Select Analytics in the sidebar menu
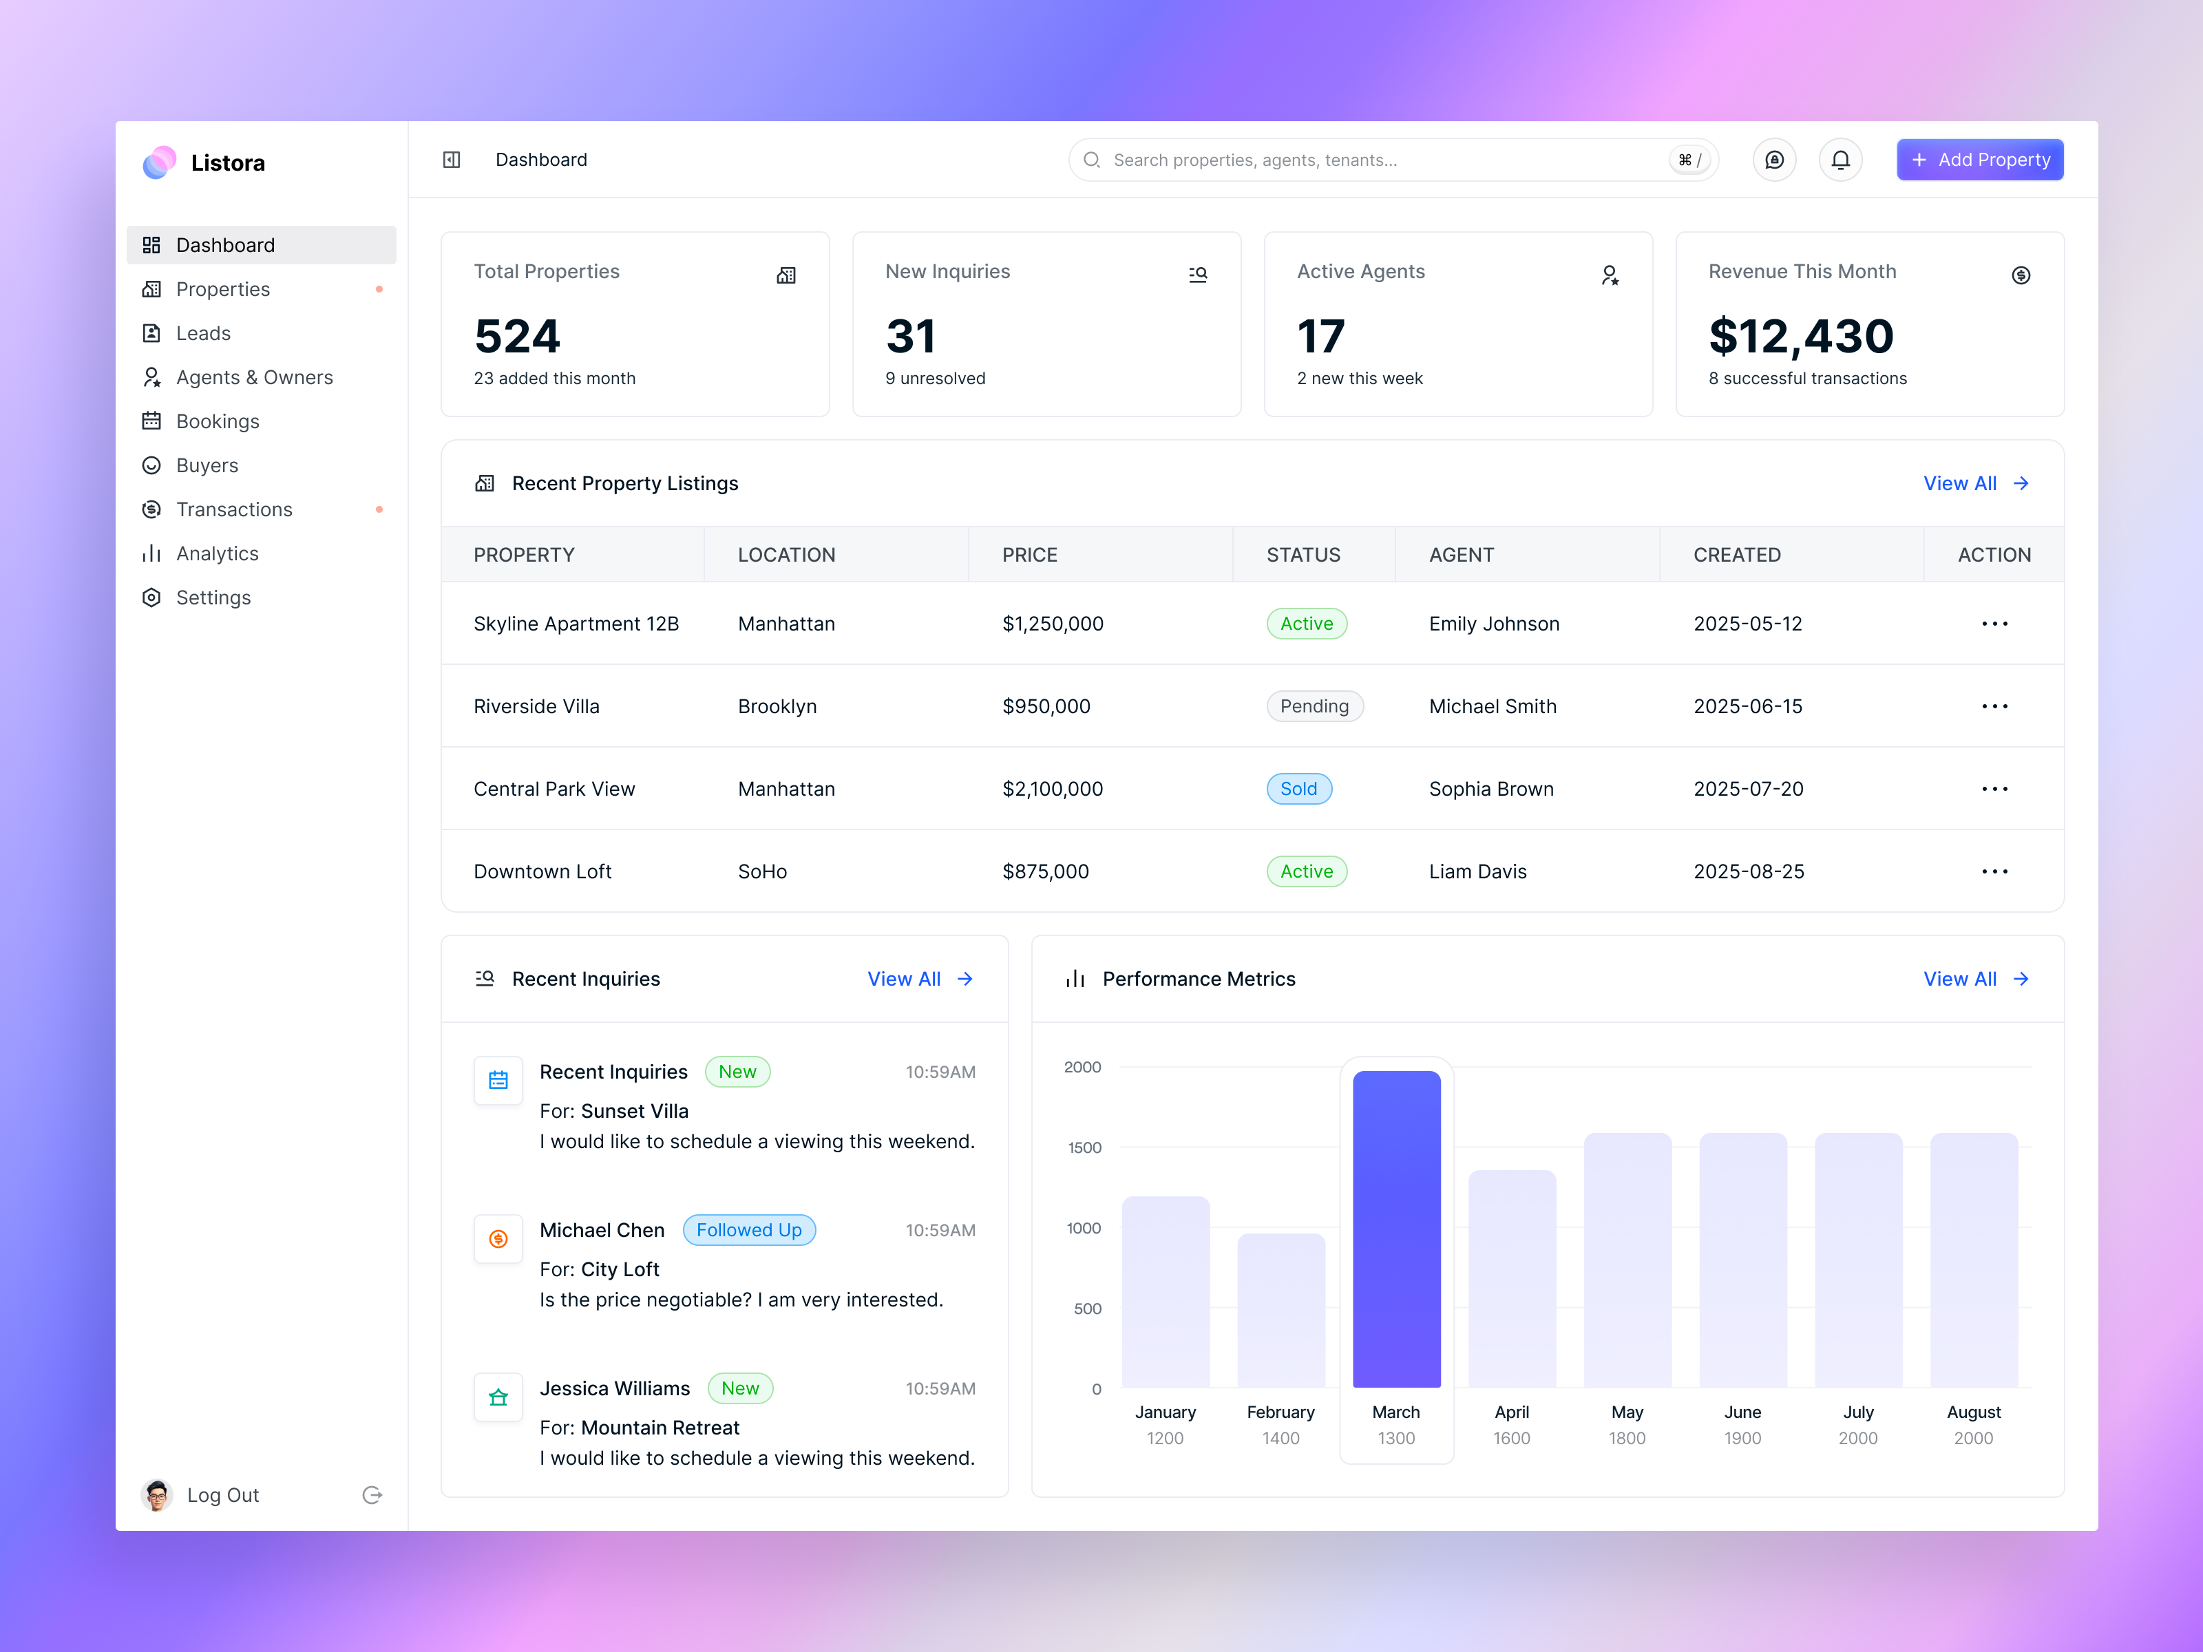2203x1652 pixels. pos(216,553)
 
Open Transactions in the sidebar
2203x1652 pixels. pos(233,510)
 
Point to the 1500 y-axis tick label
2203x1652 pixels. pos(1084,1147)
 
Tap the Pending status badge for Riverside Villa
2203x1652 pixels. pos(1314,706)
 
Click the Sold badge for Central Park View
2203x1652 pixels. pos(1298,789)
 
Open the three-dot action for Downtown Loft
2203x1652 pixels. pos(1994,871)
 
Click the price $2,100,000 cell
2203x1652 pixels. pos(1052,789)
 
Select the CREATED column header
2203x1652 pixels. pos(1736,555)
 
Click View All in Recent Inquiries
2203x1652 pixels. pos(918,979)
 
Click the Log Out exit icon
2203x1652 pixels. pos(372,1494)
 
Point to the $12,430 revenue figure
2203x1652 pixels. pos(1800,337)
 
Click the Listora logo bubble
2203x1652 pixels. pos(159,162)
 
